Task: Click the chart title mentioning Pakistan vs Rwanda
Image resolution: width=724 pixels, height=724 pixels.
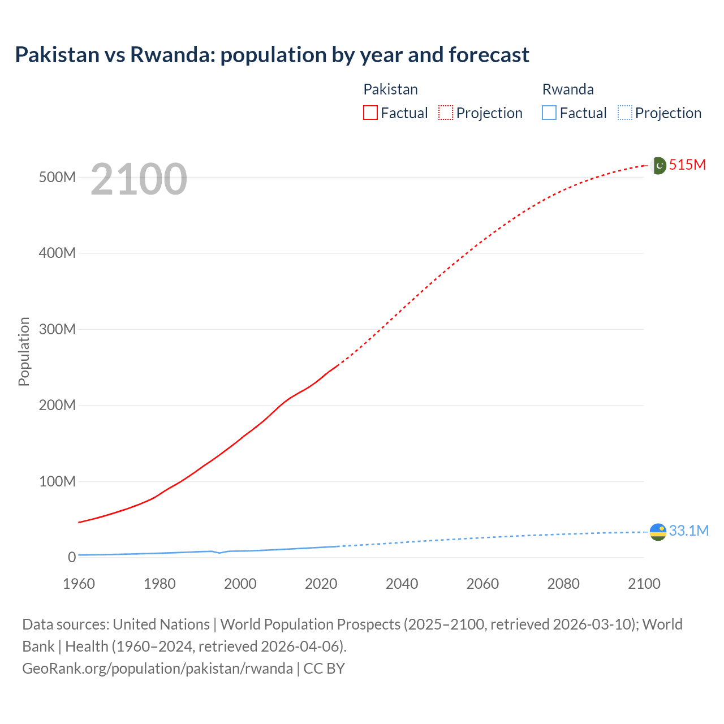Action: [272, 55]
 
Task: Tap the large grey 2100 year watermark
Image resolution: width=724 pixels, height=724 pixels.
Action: [139, 179]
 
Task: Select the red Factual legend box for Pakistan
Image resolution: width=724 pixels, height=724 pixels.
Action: [370, 113]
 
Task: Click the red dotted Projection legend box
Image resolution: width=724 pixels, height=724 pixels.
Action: [446, 113]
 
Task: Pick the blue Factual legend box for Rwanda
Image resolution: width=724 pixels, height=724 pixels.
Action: [549, 113]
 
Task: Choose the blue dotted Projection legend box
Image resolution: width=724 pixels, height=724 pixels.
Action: [625, 113]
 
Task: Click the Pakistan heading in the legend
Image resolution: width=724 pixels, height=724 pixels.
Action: [390, 89]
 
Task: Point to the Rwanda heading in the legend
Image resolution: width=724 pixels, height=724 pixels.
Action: [568, 89]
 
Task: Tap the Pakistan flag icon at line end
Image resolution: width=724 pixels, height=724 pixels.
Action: [658, 165]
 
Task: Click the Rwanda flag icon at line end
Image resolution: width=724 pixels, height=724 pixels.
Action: [658, 532]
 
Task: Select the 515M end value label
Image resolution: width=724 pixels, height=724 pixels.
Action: [687, 165]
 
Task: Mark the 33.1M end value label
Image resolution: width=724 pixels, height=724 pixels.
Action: [688, 531]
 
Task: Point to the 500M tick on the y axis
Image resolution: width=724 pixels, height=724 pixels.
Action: [57, 177]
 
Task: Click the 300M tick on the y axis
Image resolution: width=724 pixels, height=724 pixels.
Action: [57, 329]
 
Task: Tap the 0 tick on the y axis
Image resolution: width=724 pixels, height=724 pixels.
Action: [71, 557]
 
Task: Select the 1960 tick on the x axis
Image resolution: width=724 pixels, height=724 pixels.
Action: [79, 584]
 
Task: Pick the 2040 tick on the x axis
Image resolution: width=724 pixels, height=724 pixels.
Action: [402, 584]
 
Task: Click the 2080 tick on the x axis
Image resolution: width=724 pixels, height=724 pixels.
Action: [563, 584]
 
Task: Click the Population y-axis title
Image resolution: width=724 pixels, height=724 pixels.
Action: [24, 351]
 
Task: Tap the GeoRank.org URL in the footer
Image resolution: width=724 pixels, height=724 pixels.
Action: [157, 669]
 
